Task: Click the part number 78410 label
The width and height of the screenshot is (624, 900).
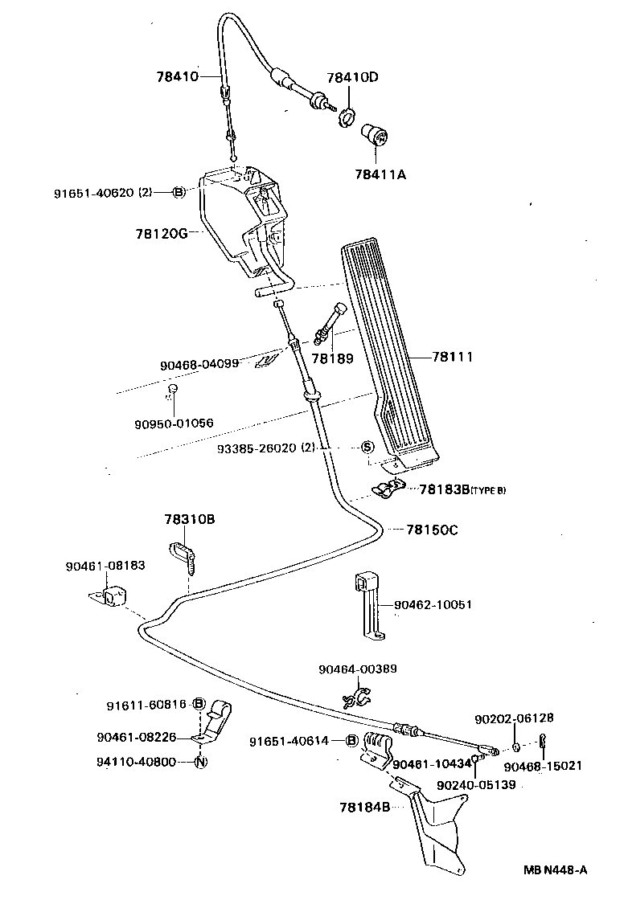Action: (x=177, y=77)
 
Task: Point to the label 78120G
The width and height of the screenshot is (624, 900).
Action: (x=161, y=234)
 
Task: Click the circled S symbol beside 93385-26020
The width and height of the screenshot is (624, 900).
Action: (x=366, y=447)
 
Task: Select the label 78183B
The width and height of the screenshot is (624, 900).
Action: (x=441, y=489)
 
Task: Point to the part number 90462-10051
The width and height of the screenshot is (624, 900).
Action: (x=433, y=604)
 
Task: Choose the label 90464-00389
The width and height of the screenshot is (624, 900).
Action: (x=357, y=669)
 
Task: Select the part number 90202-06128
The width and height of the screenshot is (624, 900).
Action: (x=514, y=718)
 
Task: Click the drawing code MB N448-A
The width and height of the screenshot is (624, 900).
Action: (x=556, y=869)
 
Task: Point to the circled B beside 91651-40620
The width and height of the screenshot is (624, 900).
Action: (x=179, y=192)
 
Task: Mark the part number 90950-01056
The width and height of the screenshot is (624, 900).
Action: (x=174, y=423)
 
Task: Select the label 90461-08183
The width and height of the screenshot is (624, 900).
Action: (x=105, y=566)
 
